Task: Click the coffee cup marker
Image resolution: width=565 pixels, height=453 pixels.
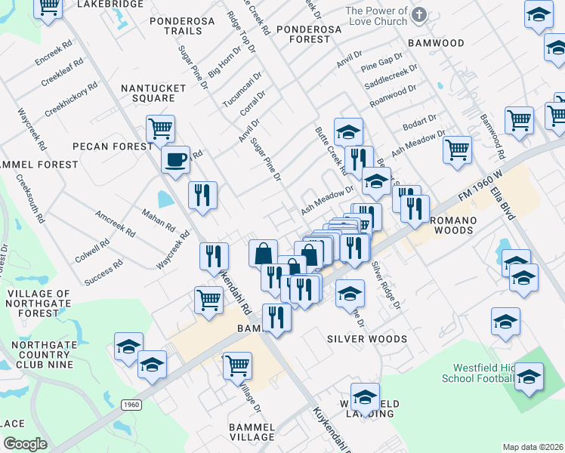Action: [x=176, y=160]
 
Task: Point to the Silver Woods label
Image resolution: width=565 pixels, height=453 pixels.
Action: [x=366, y=339]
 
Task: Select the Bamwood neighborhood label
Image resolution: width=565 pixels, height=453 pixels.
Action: [x=436, y=43]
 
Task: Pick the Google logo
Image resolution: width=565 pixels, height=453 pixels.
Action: [x=25, y=444]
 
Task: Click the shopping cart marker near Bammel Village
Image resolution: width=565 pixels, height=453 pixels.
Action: [x=237, y=366]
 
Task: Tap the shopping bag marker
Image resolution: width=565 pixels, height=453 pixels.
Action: [x=264, y=252]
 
